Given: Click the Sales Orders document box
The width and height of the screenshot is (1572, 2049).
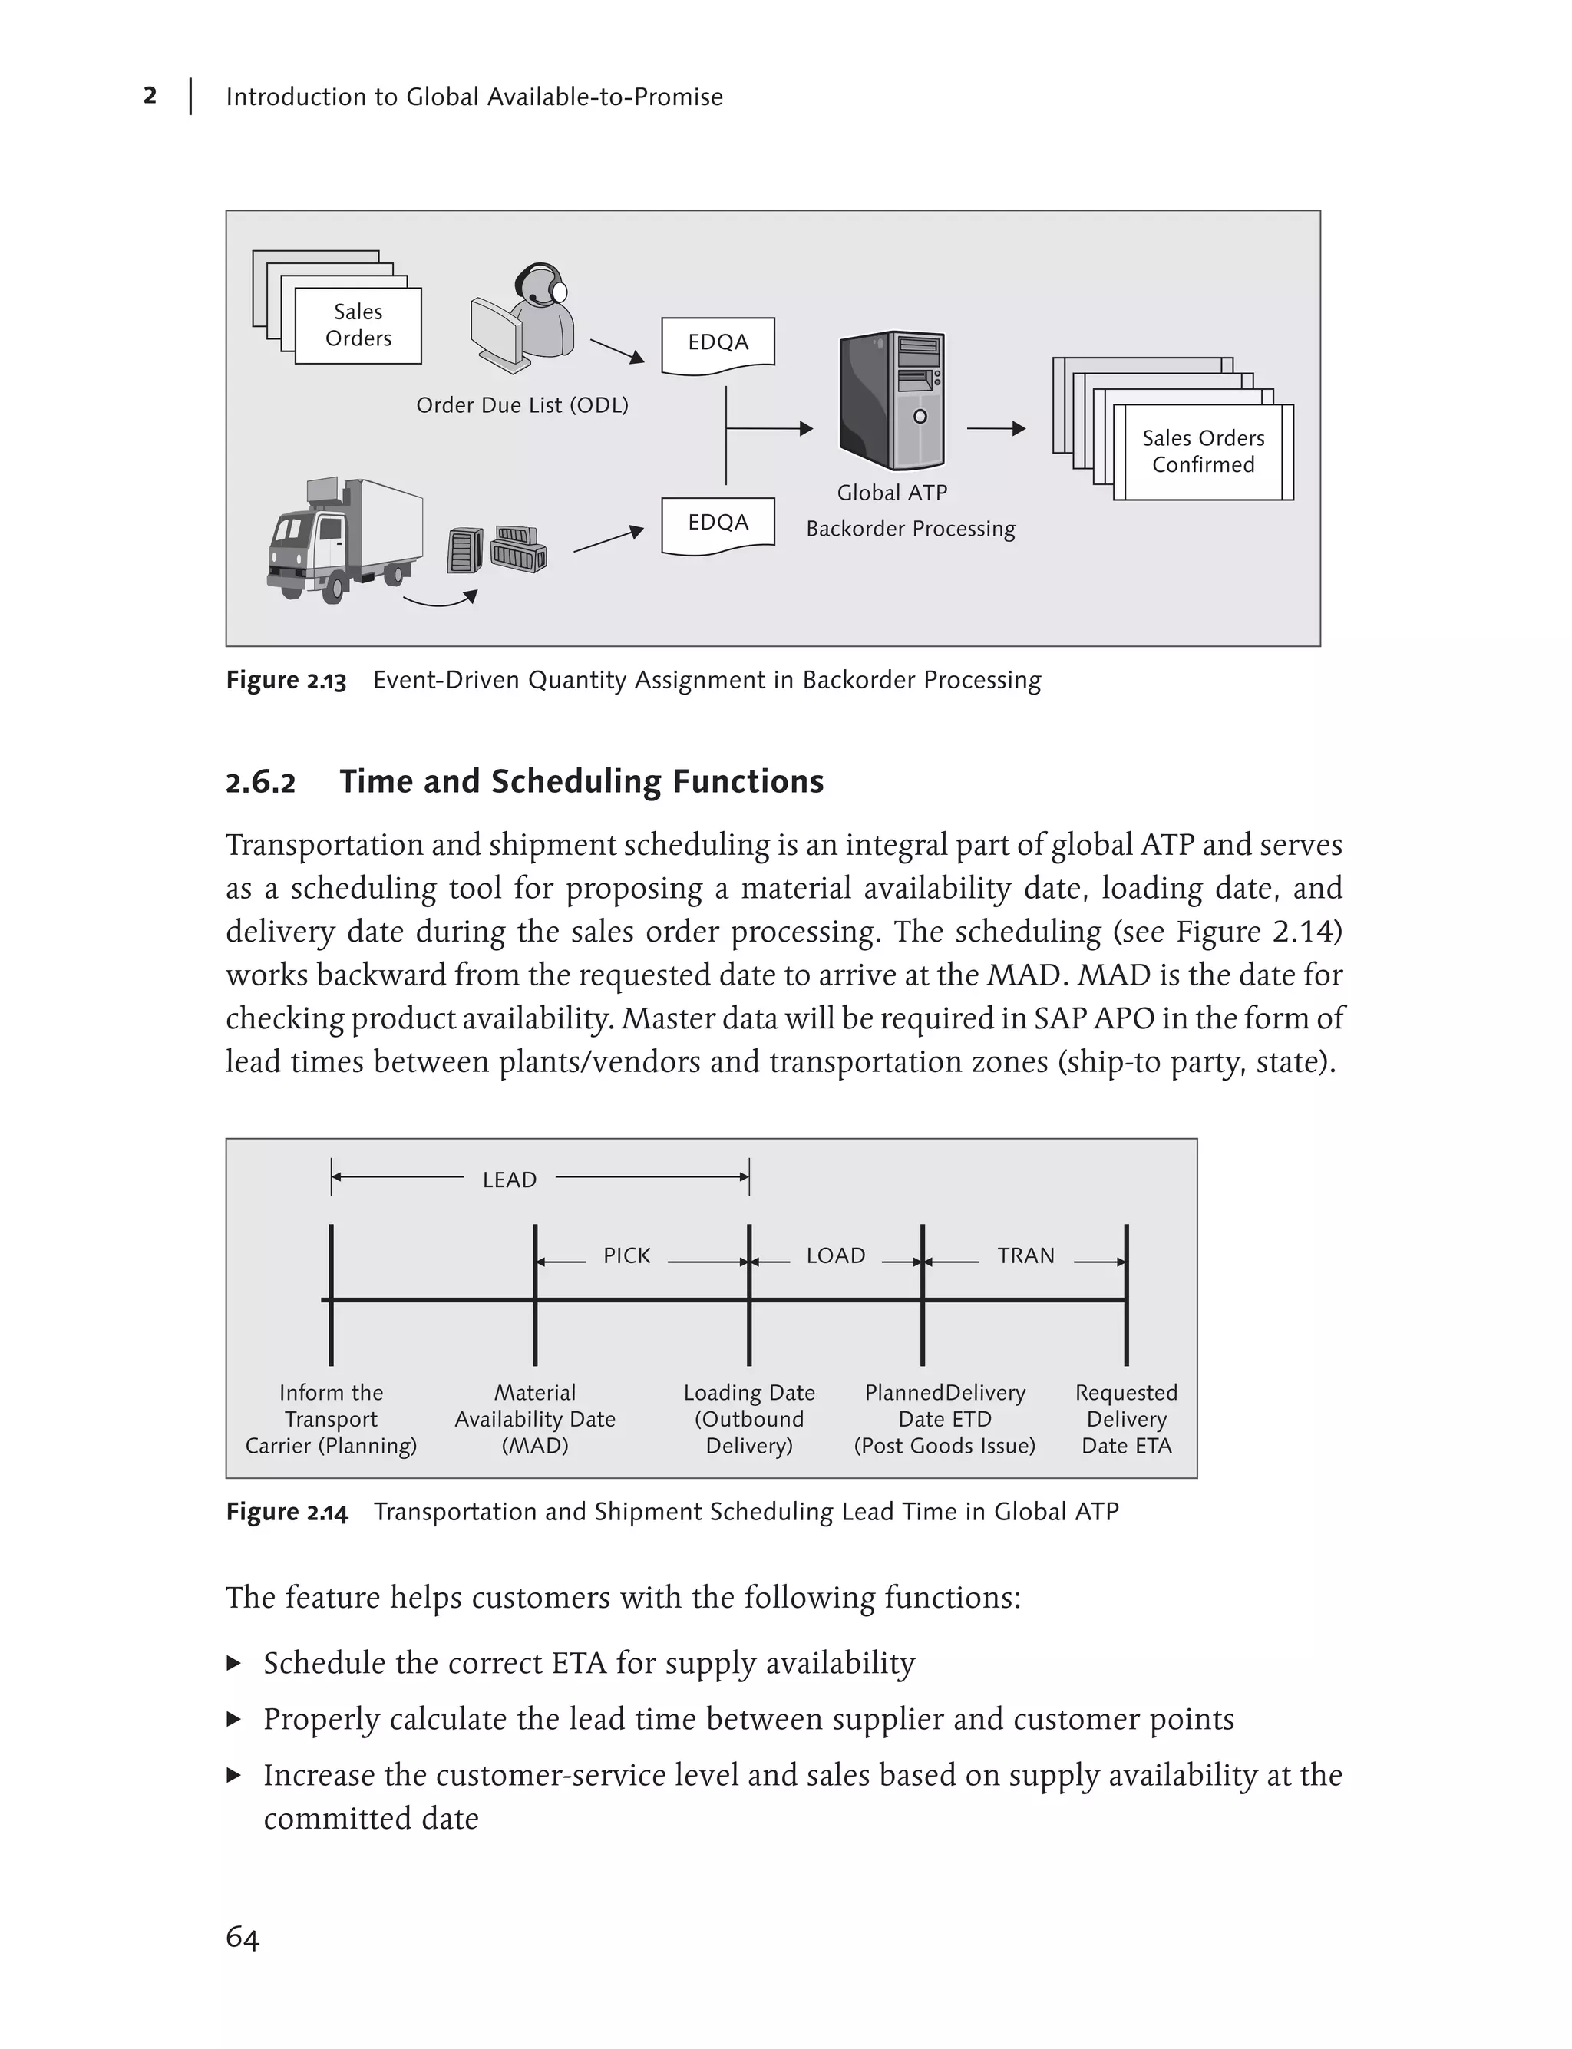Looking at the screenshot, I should [x=358, y=325].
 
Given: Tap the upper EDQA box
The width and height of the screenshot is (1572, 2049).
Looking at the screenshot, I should [x=718, y=343].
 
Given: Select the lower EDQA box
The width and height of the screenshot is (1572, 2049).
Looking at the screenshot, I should [x=718, y=523].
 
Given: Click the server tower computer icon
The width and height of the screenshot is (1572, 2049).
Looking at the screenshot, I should [x=892, y=401].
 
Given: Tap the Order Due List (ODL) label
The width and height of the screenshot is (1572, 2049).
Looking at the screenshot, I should [x=522, y=405].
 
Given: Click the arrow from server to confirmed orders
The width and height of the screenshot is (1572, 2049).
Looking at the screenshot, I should [x=996, y=430].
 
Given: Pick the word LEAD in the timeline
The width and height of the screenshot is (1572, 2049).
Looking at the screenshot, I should [x=509, y=1180].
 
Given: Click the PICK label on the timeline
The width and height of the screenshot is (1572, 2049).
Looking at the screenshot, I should [x=626, y=1255].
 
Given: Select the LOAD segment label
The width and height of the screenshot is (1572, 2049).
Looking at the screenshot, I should [x=836, y=1255].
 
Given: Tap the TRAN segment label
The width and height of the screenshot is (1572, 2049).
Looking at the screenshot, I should [x=1025, y=1255].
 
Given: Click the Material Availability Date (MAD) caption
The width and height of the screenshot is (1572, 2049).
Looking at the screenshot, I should [x=535, y=1418].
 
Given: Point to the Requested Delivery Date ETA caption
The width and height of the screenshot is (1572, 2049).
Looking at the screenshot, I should [x=1126, y=1418].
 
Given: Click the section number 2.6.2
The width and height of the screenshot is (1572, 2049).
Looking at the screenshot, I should [x=260, y=782].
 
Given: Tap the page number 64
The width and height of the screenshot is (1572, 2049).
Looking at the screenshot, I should [x=243, y=1937].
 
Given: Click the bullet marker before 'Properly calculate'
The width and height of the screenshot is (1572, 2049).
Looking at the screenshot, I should [x=234, y=1719].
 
